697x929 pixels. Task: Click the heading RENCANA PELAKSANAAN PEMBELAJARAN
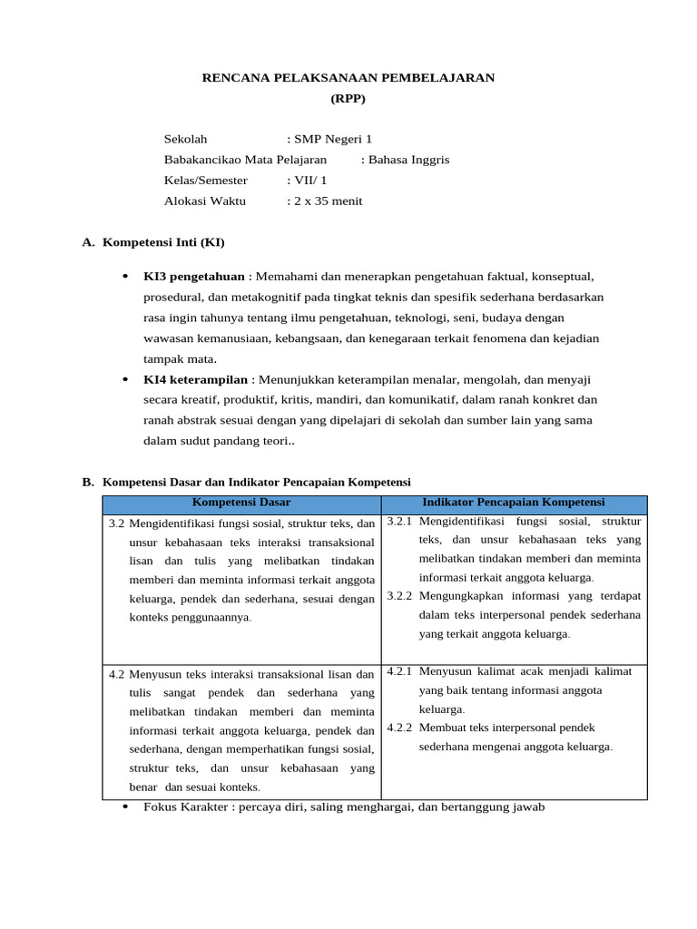tap(348, 78)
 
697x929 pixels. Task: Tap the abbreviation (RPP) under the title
tap(348, 98)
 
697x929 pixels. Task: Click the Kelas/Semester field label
tap(205, 181)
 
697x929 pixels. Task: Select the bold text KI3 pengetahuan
tap(194, 277)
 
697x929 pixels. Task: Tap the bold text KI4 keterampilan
tap(195, 380)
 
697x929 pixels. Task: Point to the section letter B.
tap(88, 483)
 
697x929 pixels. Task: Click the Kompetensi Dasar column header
tap(241, 503)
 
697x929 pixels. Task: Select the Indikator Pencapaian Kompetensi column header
tap(514, 503)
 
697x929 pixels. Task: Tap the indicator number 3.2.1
tap(399, 522)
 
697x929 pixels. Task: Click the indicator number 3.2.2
tap(399, 596)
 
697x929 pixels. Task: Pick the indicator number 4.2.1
tap(399, 671)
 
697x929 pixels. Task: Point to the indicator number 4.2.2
tap(399, 728)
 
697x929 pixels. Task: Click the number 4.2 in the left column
tap(116, 675)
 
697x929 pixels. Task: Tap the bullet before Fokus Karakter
tap(124, 807)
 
